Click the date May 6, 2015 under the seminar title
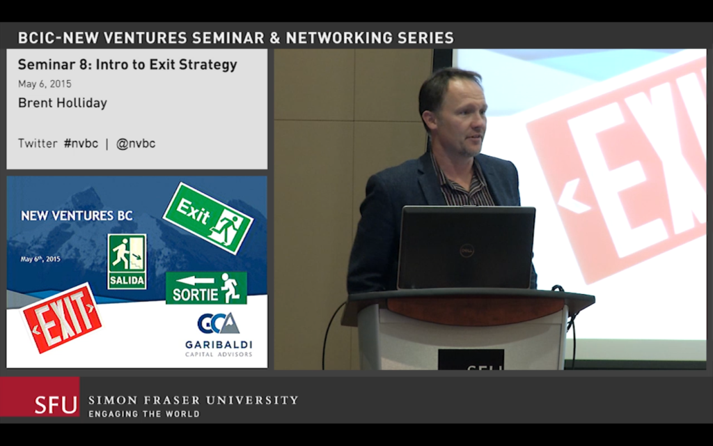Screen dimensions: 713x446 click(x=45, y=84)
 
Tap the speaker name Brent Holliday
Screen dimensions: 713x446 click(x=63, y=103)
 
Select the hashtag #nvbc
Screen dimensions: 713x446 click(x=81, y=144)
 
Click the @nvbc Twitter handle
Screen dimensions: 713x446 click(x=136, y=144)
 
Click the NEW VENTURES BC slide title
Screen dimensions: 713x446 click(x=77, y=215)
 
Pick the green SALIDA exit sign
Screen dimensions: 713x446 click(x=127, y=262)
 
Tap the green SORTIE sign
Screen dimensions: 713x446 click(x=206, y=288)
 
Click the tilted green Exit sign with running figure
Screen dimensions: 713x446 click(x=207, y=218)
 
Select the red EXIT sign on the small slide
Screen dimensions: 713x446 click(x=61, y=318)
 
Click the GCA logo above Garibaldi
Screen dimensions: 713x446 click(x=218, y=323)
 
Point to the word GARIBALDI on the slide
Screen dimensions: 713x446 click(x=219, y=344)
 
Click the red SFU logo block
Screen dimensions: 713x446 click(x=40, y=397)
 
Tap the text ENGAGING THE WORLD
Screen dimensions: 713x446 click(x=144, y=414)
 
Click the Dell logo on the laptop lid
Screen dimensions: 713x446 click(x=467, y=250)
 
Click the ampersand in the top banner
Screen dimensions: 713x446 click(x=274, y=38)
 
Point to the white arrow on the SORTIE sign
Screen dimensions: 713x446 click(x=195, y=280)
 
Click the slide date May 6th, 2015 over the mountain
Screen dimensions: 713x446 click(x=40, y=259)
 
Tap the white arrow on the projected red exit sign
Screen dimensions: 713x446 click(x=574, y=195)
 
